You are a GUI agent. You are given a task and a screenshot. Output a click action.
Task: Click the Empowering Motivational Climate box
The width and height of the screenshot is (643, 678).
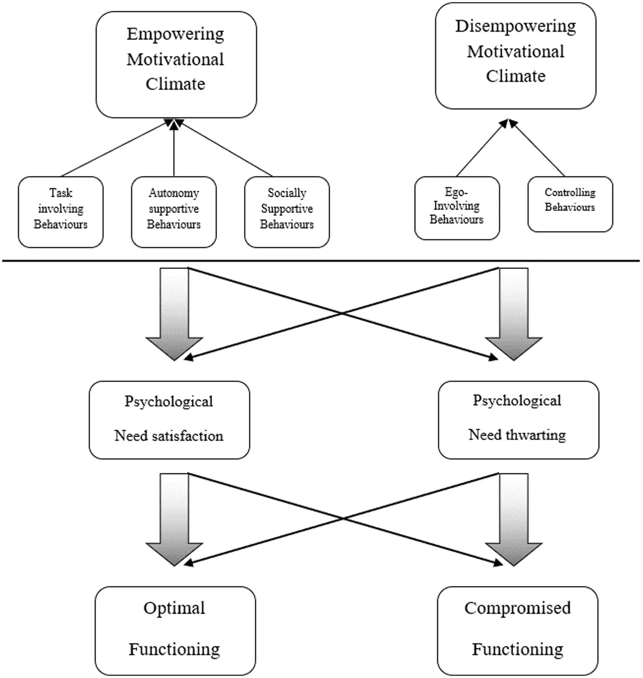(176, 64)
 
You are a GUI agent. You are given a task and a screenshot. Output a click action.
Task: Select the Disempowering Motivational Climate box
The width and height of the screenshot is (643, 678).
(516, 56)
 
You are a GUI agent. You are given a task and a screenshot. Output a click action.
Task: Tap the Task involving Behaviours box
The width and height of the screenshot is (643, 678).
(61, 212)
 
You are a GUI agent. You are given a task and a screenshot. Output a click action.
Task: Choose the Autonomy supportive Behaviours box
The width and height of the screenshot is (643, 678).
(174, 212)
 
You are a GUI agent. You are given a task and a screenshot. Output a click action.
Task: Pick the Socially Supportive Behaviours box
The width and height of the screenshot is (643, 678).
(287, 212)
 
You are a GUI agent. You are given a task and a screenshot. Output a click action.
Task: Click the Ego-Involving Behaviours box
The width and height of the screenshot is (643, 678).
(457, 208)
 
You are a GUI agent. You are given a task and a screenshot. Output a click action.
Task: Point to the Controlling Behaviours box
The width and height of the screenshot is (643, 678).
(570, 204)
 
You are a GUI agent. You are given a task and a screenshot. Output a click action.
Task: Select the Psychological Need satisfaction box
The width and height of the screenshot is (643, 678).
(169, 420)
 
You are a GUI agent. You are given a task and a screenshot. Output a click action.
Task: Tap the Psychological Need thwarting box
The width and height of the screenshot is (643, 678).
(519, 420)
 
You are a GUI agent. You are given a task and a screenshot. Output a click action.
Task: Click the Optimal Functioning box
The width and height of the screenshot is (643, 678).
(175, 631)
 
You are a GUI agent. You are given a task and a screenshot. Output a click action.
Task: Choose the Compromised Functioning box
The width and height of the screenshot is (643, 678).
(518, 631)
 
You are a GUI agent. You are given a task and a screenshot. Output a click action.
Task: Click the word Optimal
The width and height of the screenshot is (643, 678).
(174, 608)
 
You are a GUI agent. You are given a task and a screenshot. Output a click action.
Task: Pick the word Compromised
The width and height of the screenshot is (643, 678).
(518, 608)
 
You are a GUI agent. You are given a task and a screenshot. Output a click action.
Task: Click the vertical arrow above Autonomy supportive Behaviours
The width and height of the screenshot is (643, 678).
(174, 147)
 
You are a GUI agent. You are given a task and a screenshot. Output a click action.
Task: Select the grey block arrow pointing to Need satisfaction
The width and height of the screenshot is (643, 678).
(174, 314)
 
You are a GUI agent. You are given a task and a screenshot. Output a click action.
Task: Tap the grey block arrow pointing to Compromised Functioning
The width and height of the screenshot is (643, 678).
(514, 520)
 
